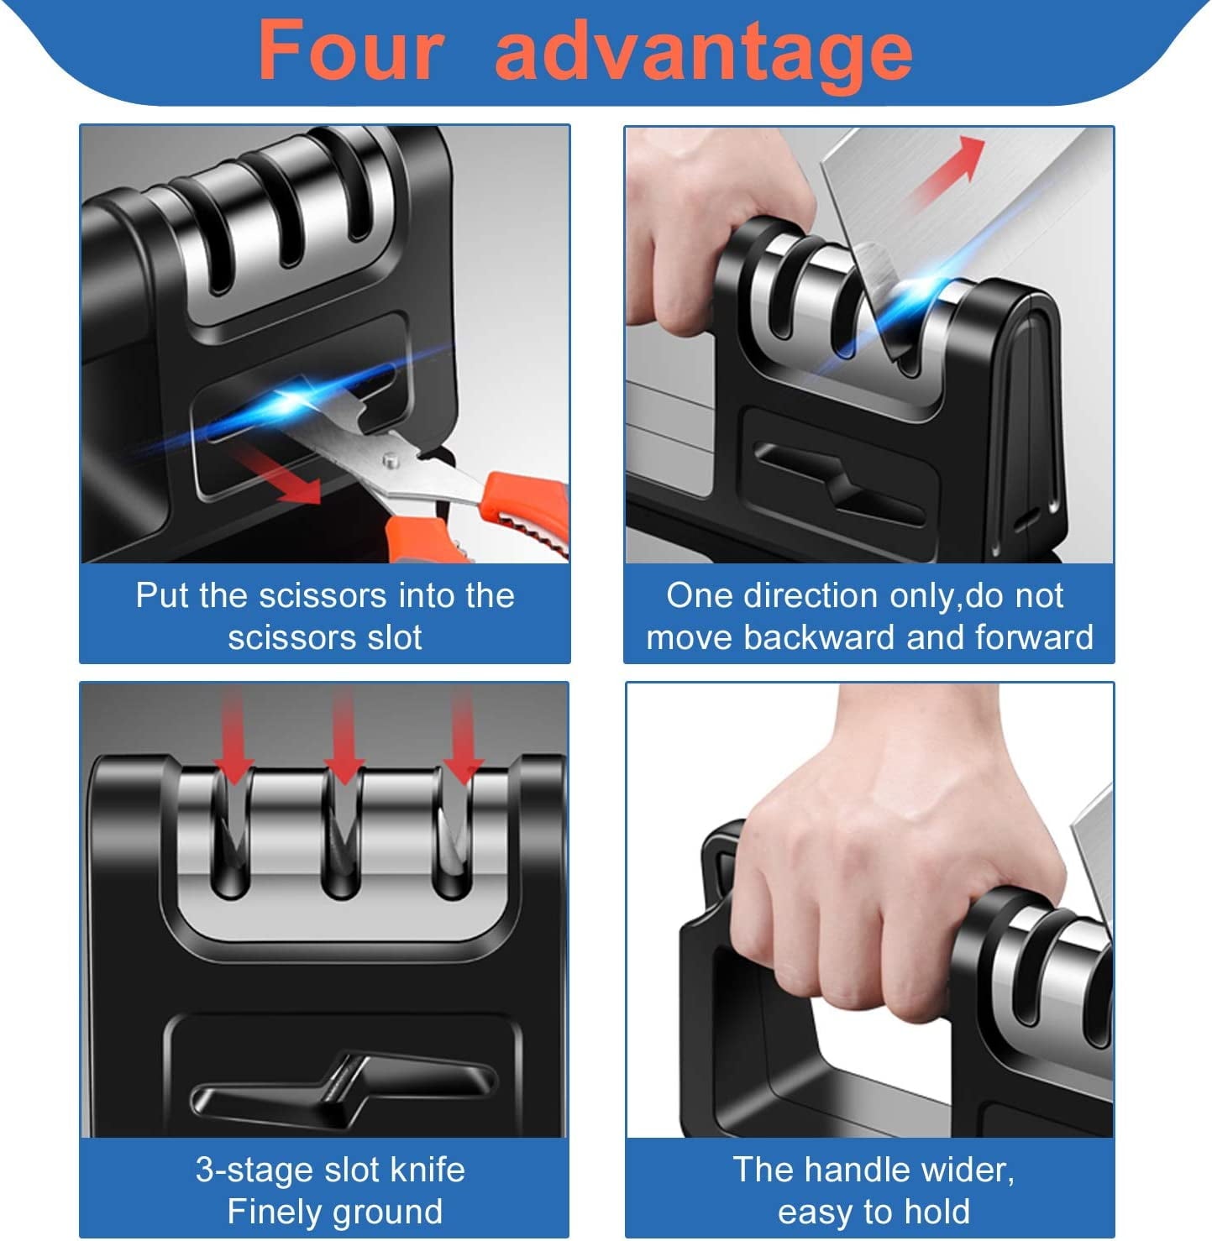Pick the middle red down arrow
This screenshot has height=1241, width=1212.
(344, 739)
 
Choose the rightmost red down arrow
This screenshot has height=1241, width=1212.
(463, 739)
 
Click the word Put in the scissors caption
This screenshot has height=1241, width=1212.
(163, 595)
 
